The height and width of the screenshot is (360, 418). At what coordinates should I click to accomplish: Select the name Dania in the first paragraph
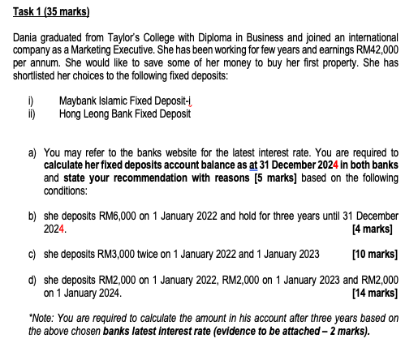28,38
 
